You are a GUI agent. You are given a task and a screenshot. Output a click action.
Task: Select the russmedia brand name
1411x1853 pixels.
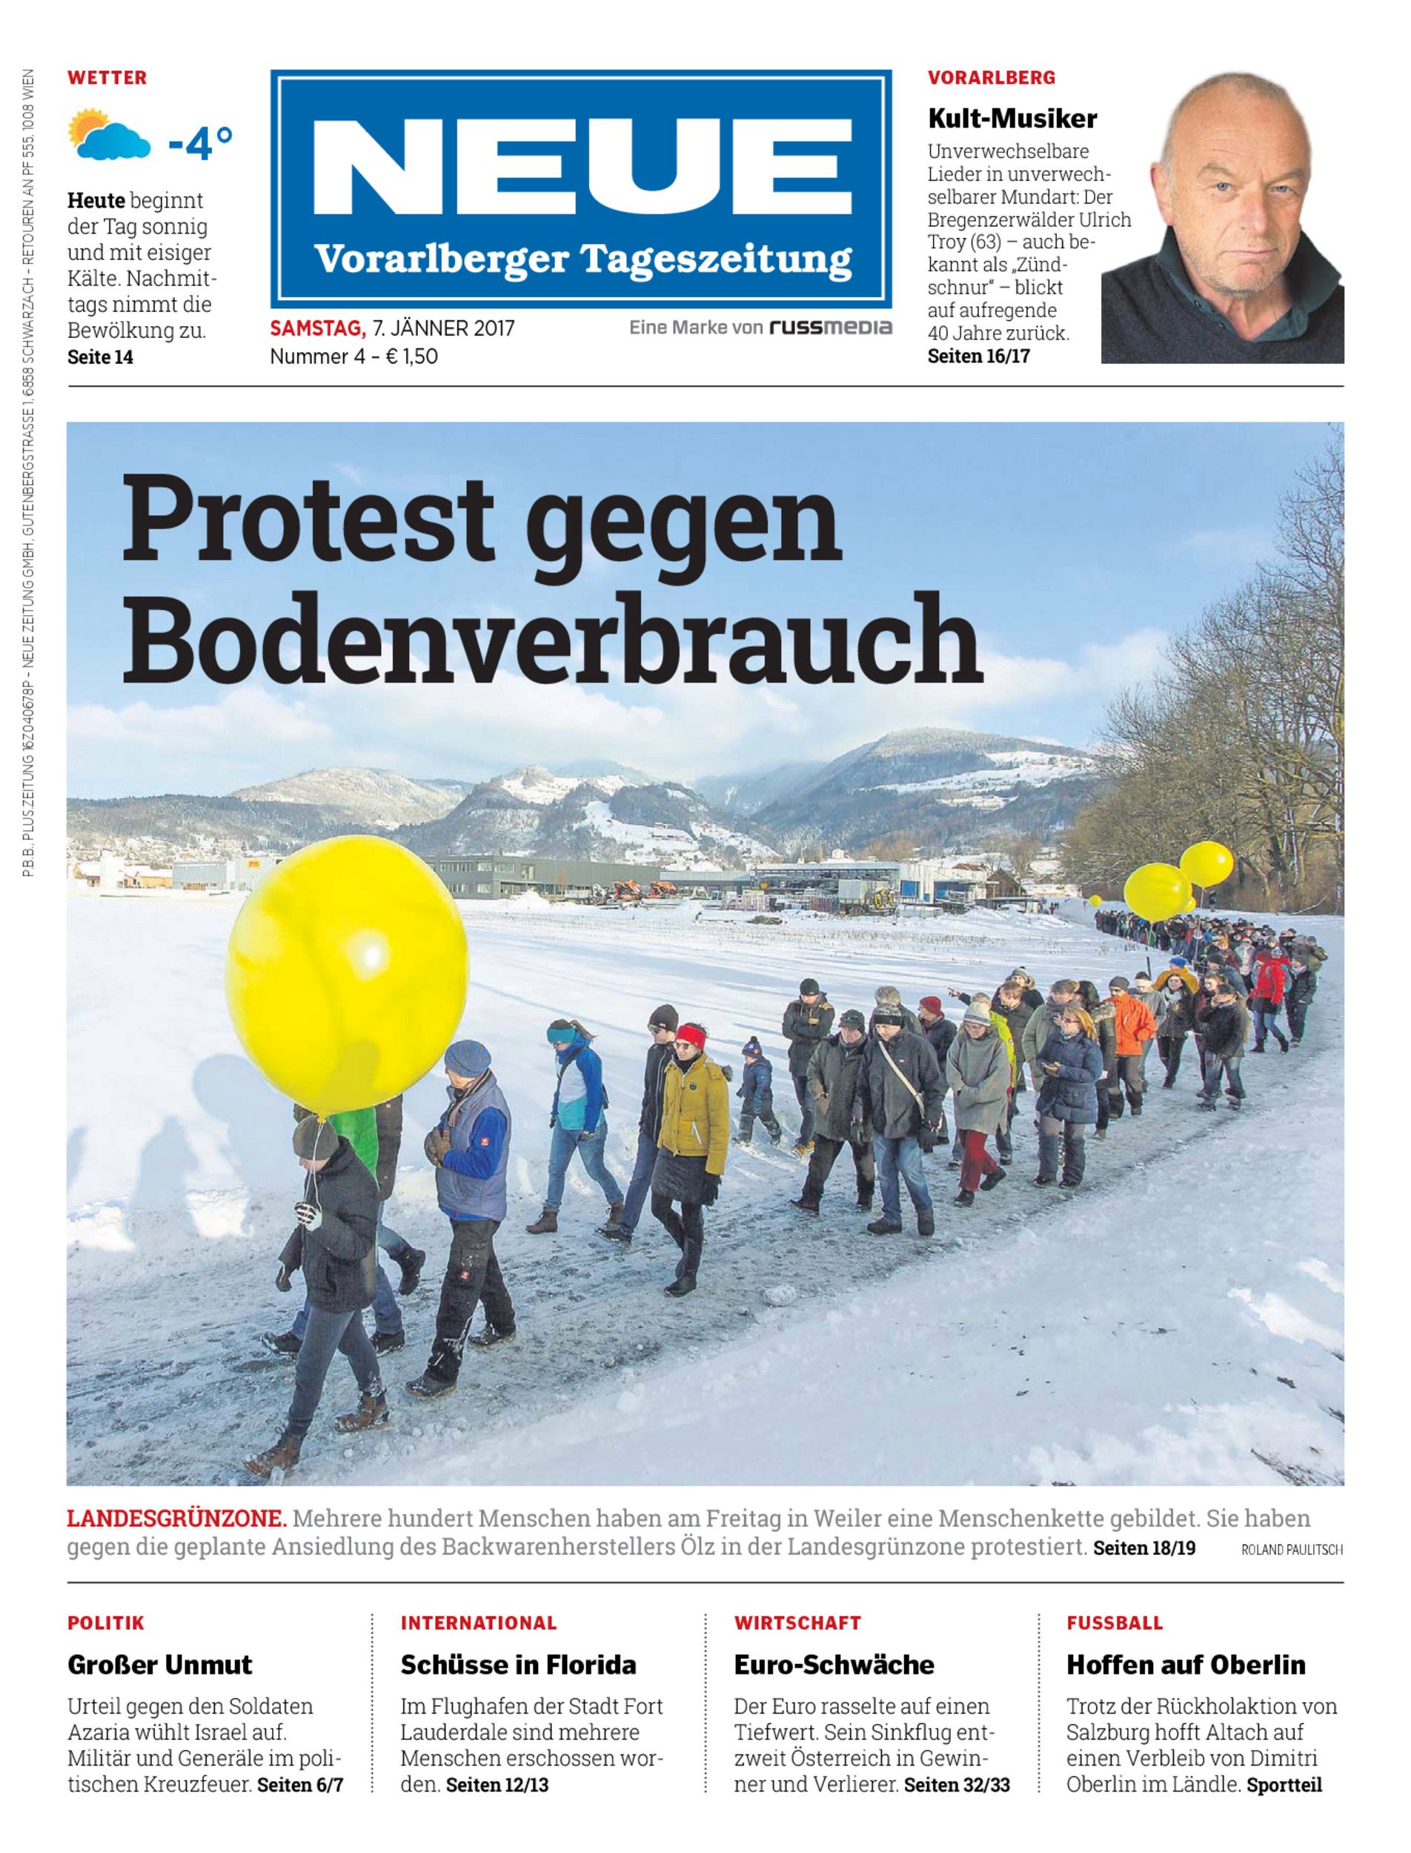[831, 328]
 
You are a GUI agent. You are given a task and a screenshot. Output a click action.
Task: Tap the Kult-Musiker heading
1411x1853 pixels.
[1012, 119]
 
